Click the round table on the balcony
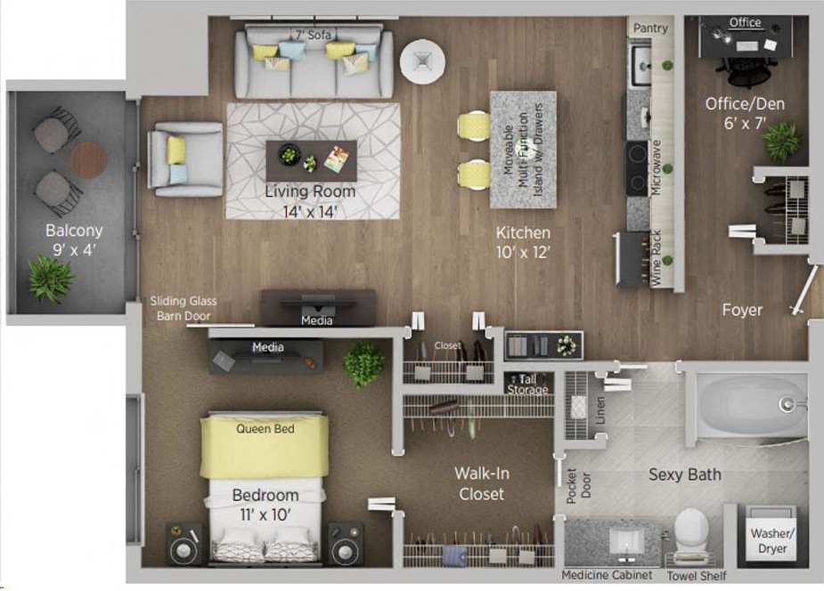(x=88, y=160)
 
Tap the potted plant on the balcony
(x=50, y=278)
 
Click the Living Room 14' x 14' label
(x=310, y=201)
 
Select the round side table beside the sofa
(x=421, y=61)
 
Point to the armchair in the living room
(x=185, y=159)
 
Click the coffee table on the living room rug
(x=311, y=160)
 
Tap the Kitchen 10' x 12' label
(x=523, y=242)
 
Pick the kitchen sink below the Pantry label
(x=640, y=65)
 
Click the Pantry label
(x=650, y=28)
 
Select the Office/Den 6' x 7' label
(x=745, y=113)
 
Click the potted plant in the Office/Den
(x=782, y=141)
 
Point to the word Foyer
(x=742, y=310)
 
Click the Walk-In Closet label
(x=481, y=483)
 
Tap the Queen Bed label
(x=265, y=428)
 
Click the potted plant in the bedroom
(x=364, y=363)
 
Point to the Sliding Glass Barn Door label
(x=184, y=308)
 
